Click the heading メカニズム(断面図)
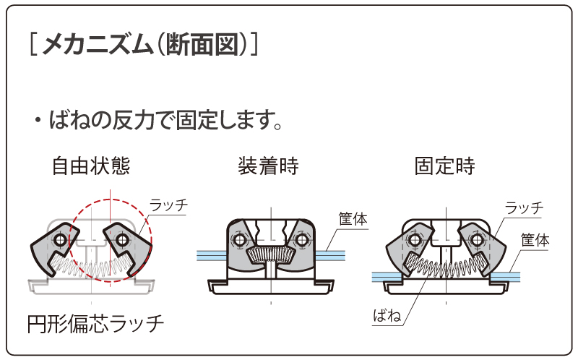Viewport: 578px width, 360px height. (144, 45)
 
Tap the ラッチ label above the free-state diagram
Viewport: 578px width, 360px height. (168, 205)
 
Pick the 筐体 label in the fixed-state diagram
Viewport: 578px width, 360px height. (535, 241)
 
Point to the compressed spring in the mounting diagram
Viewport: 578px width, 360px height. (269, 254)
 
